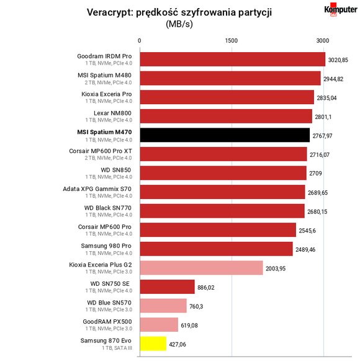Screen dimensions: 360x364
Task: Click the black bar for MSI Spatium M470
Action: pyautogui.click(x=225, y=135)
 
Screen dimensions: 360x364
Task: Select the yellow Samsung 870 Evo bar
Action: pyautogui.click(x=153, y=344)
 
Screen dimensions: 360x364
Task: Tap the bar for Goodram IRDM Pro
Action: pyautogui.click(x=233, y=59)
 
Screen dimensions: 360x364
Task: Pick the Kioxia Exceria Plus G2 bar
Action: pyautogui.click(x=202, y=268)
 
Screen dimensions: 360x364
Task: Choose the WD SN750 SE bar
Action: pyautogui.click(x=168, y=286)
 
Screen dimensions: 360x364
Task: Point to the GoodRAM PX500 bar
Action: pyautogui.click(x=159, y=324)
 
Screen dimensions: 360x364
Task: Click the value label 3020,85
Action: pyautogui.click(x=338, y=60)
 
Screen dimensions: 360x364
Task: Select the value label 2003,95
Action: pyautogui.click(x=276, y=269)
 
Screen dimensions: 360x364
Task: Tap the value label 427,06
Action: pyautogui.click(x=178, y=344)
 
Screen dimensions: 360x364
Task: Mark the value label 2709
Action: pyautogui.click(x=315, y=174)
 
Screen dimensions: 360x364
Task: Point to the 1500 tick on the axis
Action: pyautogui.click(x=232, y=41)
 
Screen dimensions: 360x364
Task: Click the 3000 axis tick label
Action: pyautogui.click(x=323, y=41)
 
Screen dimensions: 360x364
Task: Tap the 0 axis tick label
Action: pyautogui.click(x=139, y=41)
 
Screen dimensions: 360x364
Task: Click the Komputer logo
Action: pyautogui.click(x=341, y=9)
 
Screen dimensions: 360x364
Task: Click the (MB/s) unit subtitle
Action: pyautogui.click(x=179, y=24)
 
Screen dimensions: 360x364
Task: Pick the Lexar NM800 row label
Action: pyautogui.click(x=112, y=113)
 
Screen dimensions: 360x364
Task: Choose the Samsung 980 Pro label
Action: pyautogui.click(x=106, y=246)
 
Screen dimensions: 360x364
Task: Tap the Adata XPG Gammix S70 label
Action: pyautogui.click(x=97, y=189)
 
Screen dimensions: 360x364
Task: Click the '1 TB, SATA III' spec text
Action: pyautogui.click(x=117, y=348)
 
